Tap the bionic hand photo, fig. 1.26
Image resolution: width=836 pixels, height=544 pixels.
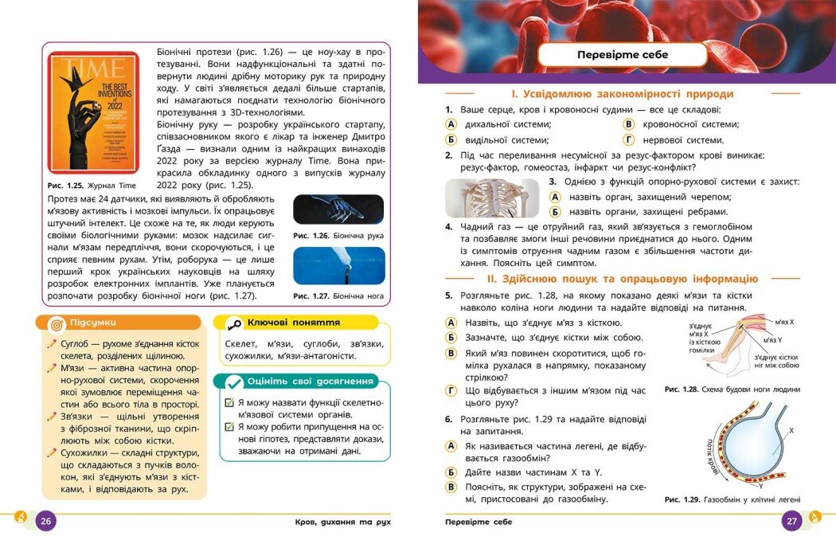click(338, 209)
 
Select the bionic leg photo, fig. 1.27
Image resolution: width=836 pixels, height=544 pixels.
click(338, 265)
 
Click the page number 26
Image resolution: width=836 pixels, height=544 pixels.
click(45, 522)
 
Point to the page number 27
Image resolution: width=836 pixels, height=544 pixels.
click(791, 522)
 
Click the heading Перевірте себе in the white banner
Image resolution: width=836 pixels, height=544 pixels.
click(623, 55)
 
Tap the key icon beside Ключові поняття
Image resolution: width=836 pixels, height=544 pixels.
click(233, 323)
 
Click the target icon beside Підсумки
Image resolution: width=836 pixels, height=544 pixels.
click(57, 324)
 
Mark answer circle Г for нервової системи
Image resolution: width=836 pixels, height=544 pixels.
click(629, 140)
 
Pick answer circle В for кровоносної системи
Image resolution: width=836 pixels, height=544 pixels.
click(629, 124)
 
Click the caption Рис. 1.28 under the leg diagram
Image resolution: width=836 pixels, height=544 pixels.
click(732, 389)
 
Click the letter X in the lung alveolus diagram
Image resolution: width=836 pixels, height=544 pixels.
click(790, 430)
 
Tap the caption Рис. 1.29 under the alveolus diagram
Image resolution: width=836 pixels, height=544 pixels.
click(732, 499)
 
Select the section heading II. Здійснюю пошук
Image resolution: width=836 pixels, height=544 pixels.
click(622, 279)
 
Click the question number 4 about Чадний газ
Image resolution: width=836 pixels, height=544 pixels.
click(449, 227)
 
